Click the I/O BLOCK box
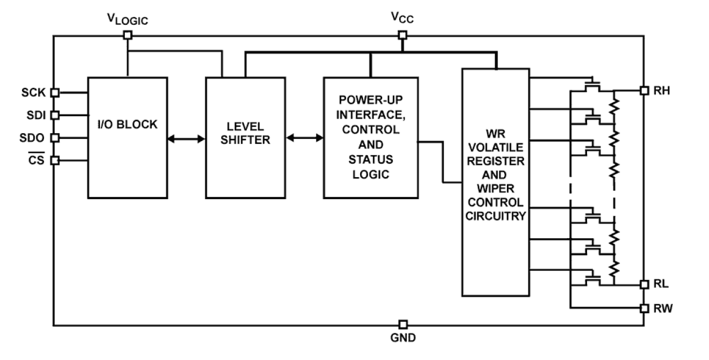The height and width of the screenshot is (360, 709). (x=127, y=137)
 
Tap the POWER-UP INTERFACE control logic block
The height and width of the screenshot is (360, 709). (x=370, y=137)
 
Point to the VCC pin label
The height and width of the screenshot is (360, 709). (x=402, y=18)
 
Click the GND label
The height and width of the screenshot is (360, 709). (x=402, y=339)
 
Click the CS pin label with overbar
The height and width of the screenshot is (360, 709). (x=41, y=160)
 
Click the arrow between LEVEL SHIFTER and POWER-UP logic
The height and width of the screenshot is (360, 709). (x=304, y=137)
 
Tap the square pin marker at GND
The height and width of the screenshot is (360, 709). (x=402, y=325)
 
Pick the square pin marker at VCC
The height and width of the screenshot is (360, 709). (x=402, y=35)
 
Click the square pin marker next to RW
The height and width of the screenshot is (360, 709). (x=644, y=308)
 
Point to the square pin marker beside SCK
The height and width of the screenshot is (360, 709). (x=55, y=92)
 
